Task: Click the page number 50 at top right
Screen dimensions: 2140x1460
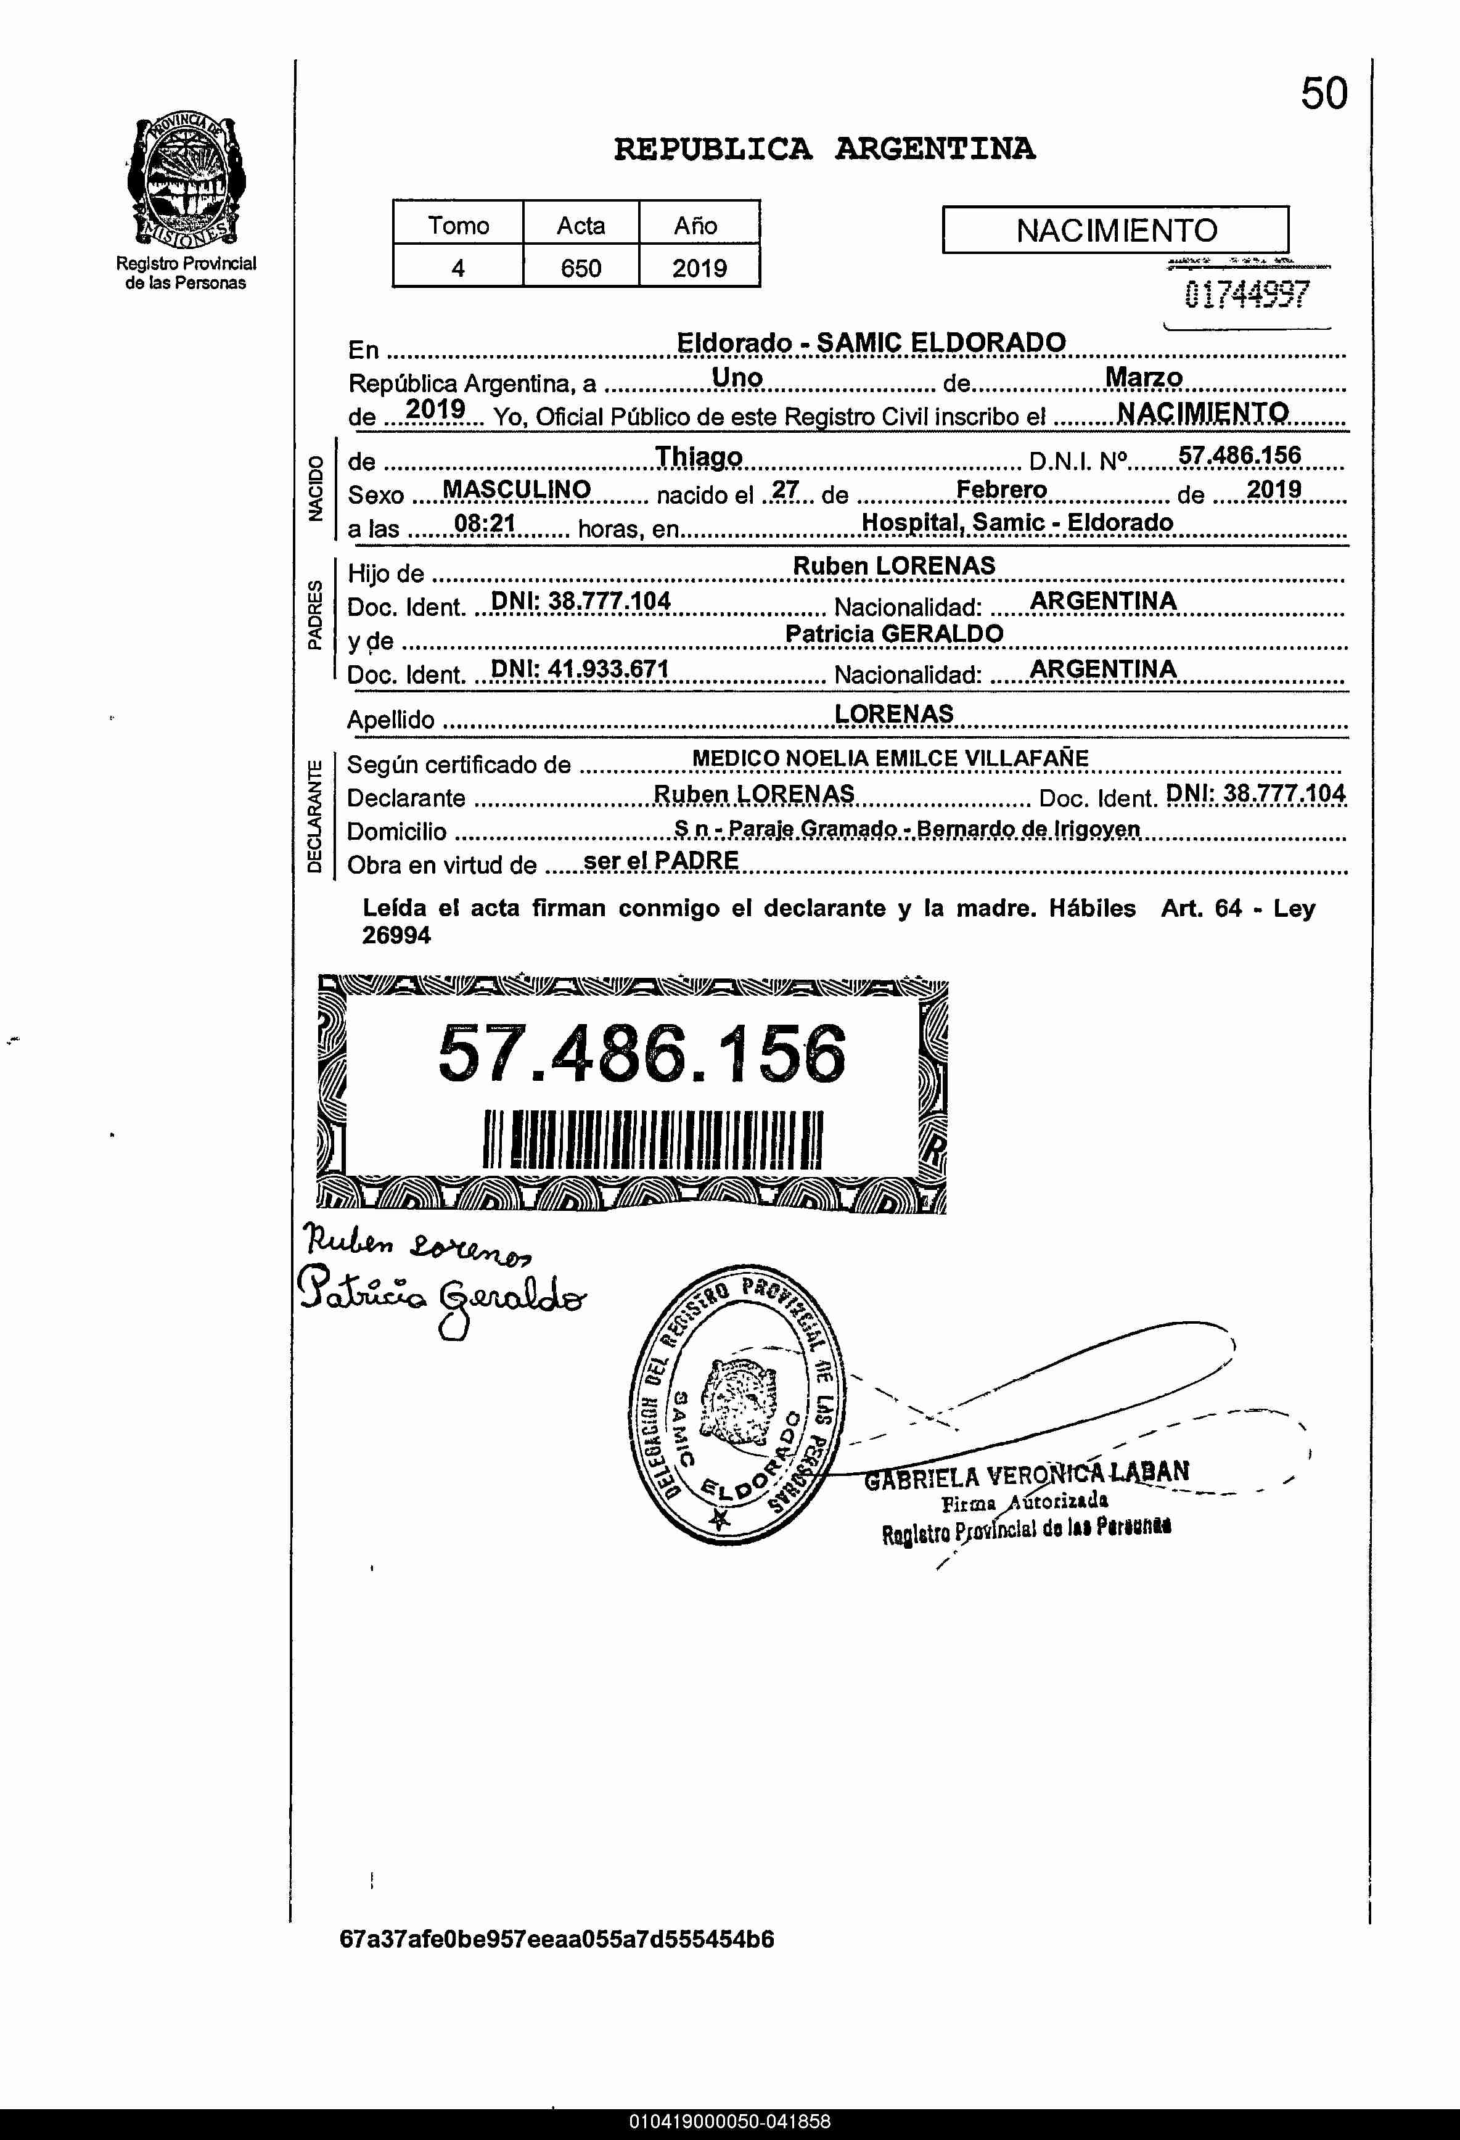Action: pyautogui.click(x=1324, y=94)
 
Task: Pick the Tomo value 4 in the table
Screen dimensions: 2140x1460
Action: pyautogui.click(x=458, y=268)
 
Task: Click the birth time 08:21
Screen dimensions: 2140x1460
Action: pyautogui.click(x=485, y=524)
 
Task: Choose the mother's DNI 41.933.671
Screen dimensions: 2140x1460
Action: pyautogui.click(x=580, y=668)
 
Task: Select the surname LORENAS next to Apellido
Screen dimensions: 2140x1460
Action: pyautogui.click(x=893, y=713)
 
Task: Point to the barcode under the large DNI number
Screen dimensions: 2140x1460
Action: pyautogui.click(x=652, y=1139)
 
